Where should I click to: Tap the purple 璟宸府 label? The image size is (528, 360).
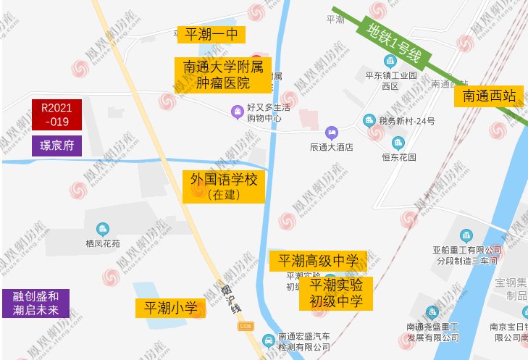click(56, 146)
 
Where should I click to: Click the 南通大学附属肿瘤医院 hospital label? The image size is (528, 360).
click(223, 75)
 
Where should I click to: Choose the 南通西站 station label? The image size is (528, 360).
click(489, 95)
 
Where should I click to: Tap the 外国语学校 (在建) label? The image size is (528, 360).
click(223, 185)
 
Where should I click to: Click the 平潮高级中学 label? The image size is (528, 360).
click(318, 261)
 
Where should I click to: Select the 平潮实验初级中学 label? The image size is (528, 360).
click(336, 293)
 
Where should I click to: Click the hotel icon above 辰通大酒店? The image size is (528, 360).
click(331, 132)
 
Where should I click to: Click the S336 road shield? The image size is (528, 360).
click(246, 328)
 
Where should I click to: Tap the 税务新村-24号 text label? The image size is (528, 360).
click(406, 121)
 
